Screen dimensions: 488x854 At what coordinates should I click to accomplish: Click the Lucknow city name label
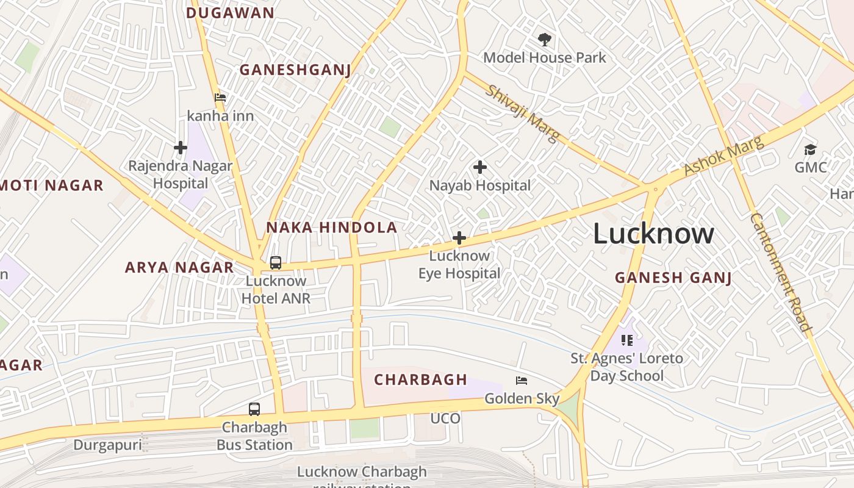[x=653, y=234]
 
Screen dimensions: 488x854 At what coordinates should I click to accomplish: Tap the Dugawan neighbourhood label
[x=230, y=13]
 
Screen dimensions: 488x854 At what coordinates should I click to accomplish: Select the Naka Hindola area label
[x=331, y=228]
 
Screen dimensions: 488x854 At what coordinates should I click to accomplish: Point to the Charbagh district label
[x=420, y=379]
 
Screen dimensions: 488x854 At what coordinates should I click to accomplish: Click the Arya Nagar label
[x=179, y=267]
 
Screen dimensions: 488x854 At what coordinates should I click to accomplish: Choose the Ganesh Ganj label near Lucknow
[x=673, y=278]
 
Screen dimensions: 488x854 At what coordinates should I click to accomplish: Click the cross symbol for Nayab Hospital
[x=480, y=167]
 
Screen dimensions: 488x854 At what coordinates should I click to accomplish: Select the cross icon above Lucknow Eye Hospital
[x=459, y=238]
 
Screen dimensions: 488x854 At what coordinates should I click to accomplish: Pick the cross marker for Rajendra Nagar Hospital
[x=180, y=148]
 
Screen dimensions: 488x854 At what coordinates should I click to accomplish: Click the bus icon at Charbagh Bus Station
[x=254, y=409]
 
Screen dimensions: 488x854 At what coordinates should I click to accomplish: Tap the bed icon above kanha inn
[x=220, y=98]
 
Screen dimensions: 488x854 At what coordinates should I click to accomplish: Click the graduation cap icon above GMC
[x=810, y=149]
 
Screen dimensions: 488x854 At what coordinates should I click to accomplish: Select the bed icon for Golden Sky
[x=522, y=381]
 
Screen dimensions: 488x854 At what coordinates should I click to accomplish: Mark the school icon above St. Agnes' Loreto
[x=626, y=340]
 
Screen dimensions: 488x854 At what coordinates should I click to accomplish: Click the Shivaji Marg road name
[x=522, y=113]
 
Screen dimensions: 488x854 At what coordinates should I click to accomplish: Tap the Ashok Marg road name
[x=723, y=156]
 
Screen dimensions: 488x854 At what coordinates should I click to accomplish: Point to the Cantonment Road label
[x=781, y=272]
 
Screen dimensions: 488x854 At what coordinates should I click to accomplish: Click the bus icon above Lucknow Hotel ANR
[x=276, y=263]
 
